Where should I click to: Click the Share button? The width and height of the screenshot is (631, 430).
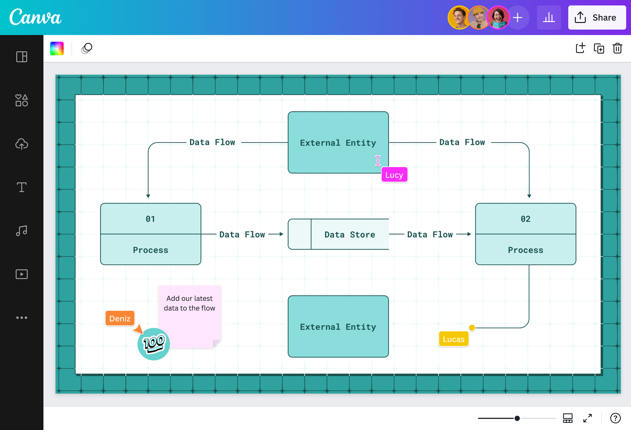pyautogui.click(x=597, y=18)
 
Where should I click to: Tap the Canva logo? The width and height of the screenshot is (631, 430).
pyautogui.click(x=35, y=17)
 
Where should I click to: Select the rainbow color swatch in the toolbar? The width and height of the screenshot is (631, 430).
pyautogui.click(x=57, y=48)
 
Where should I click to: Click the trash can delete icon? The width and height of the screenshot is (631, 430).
pyautogui.click(x=617, y=48)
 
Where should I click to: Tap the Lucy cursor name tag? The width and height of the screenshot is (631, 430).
pyautogui.click(x=394, y=175)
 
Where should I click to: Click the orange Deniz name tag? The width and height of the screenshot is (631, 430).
pyautogui.click(x=120, y=318)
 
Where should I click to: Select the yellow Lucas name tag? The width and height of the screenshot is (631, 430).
pyautogui.click(x=453, y=339)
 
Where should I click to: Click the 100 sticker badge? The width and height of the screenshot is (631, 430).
pyautogui.click(x=154, y=344)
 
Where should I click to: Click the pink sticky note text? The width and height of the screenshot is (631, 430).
pyautogui.click(x=189, y=303)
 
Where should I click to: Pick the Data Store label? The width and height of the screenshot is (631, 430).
pyautogui.click(x=350, y=234)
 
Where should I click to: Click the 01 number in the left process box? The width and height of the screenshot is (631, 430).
pyautogui.click(x=150, y=219)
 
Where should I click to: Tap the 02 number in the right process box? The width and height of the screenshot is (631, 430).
pyautogui.click(x=525, y=219)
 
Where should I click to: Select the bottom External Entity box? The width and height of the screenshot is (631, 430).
pyautogui.click(x=338, y=326)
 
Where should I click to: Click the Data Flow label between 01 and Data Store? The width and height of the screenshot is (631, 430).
pyautogui.click(x=242, y=234)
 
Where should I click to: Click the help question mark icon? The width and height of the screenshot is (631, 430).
pyautogui.click(x=615, y=418)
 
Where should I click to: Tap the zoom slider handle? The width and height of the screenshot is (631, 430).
pyautogui.click(x=517, y=418)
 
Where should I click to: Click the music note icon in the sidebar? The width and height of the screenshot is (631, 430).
pyautogui.click(x=21, y=231)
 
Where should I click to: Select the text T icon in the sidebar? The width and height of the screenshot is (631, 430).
pyautogui.click(x=21, y=187)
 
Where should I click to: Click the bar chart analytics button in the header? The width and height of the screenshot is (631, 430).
pyautogui.click(x=549, y=18)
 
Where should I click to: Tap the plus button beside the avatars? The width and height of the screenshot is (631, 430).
pyautogui.click(x=518, y=18)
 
